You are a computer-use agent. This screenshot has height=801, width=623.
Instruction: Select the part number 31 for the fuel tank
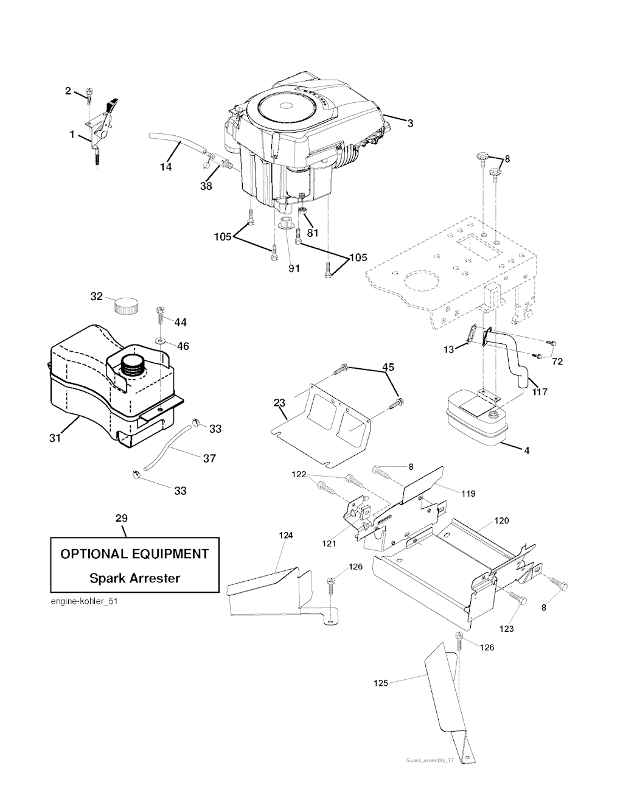55,437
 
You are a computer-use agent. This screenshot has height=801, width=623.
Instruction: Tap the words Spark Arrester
134,578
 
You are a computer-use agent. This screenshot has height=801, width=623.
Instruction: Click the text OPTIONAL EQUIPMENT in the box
134,554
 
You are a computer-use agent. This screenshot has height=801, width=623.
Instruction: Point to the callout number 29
121,519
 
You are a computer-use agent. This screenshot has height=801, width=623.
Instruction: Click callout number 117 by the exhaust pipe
540,391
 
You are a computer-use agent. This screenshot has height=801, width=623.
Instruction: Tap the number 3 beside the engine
410,124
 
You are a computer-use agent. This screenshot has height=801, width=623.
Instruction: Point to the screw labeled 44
161,314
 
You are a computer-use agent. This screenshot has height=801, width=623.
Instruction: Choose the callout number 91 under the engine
294,268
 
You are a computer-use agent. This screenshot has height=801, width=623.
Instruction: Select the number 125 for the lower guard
380,684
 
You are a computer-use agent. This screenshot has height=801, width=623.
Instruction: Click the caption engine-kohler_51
82,602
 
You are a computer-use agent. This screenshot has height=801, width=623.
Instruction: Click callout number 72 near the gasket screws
557,362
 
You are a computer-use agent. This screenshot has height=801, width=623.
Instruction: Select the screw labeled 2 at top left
91,94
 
